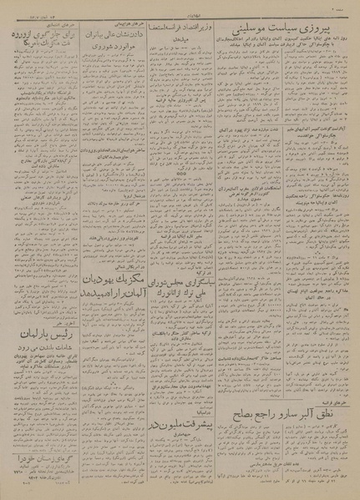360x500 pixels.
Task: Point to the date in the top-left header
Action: pos(33,8)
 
